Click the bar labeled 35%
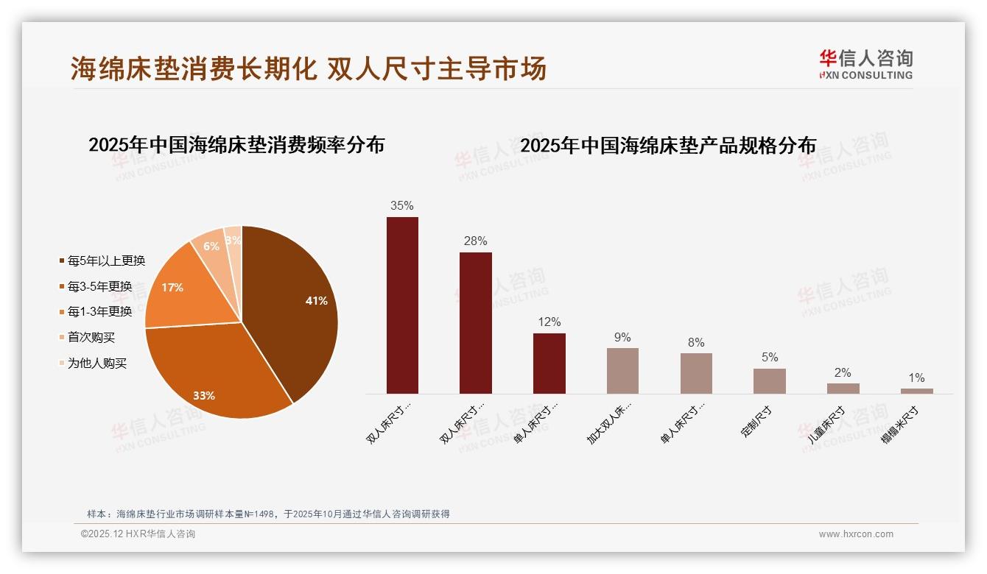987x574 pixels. [402, 305]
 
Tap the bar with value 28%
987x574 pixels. [476, 323]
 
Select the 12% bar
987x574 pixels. [549, 364]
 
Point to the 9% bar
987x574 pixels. [622, 371]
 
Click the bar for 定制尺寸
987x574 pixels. [770, 381]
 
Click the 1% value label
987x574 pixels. [916, 378]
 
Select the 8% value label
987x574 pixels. [696, 343]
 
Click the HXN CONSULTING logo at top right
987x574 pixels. [865, 65]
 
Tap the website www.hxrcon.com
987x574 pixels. [856, 534]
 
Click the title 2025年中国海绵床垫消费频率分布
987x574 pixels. [236, 145]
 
